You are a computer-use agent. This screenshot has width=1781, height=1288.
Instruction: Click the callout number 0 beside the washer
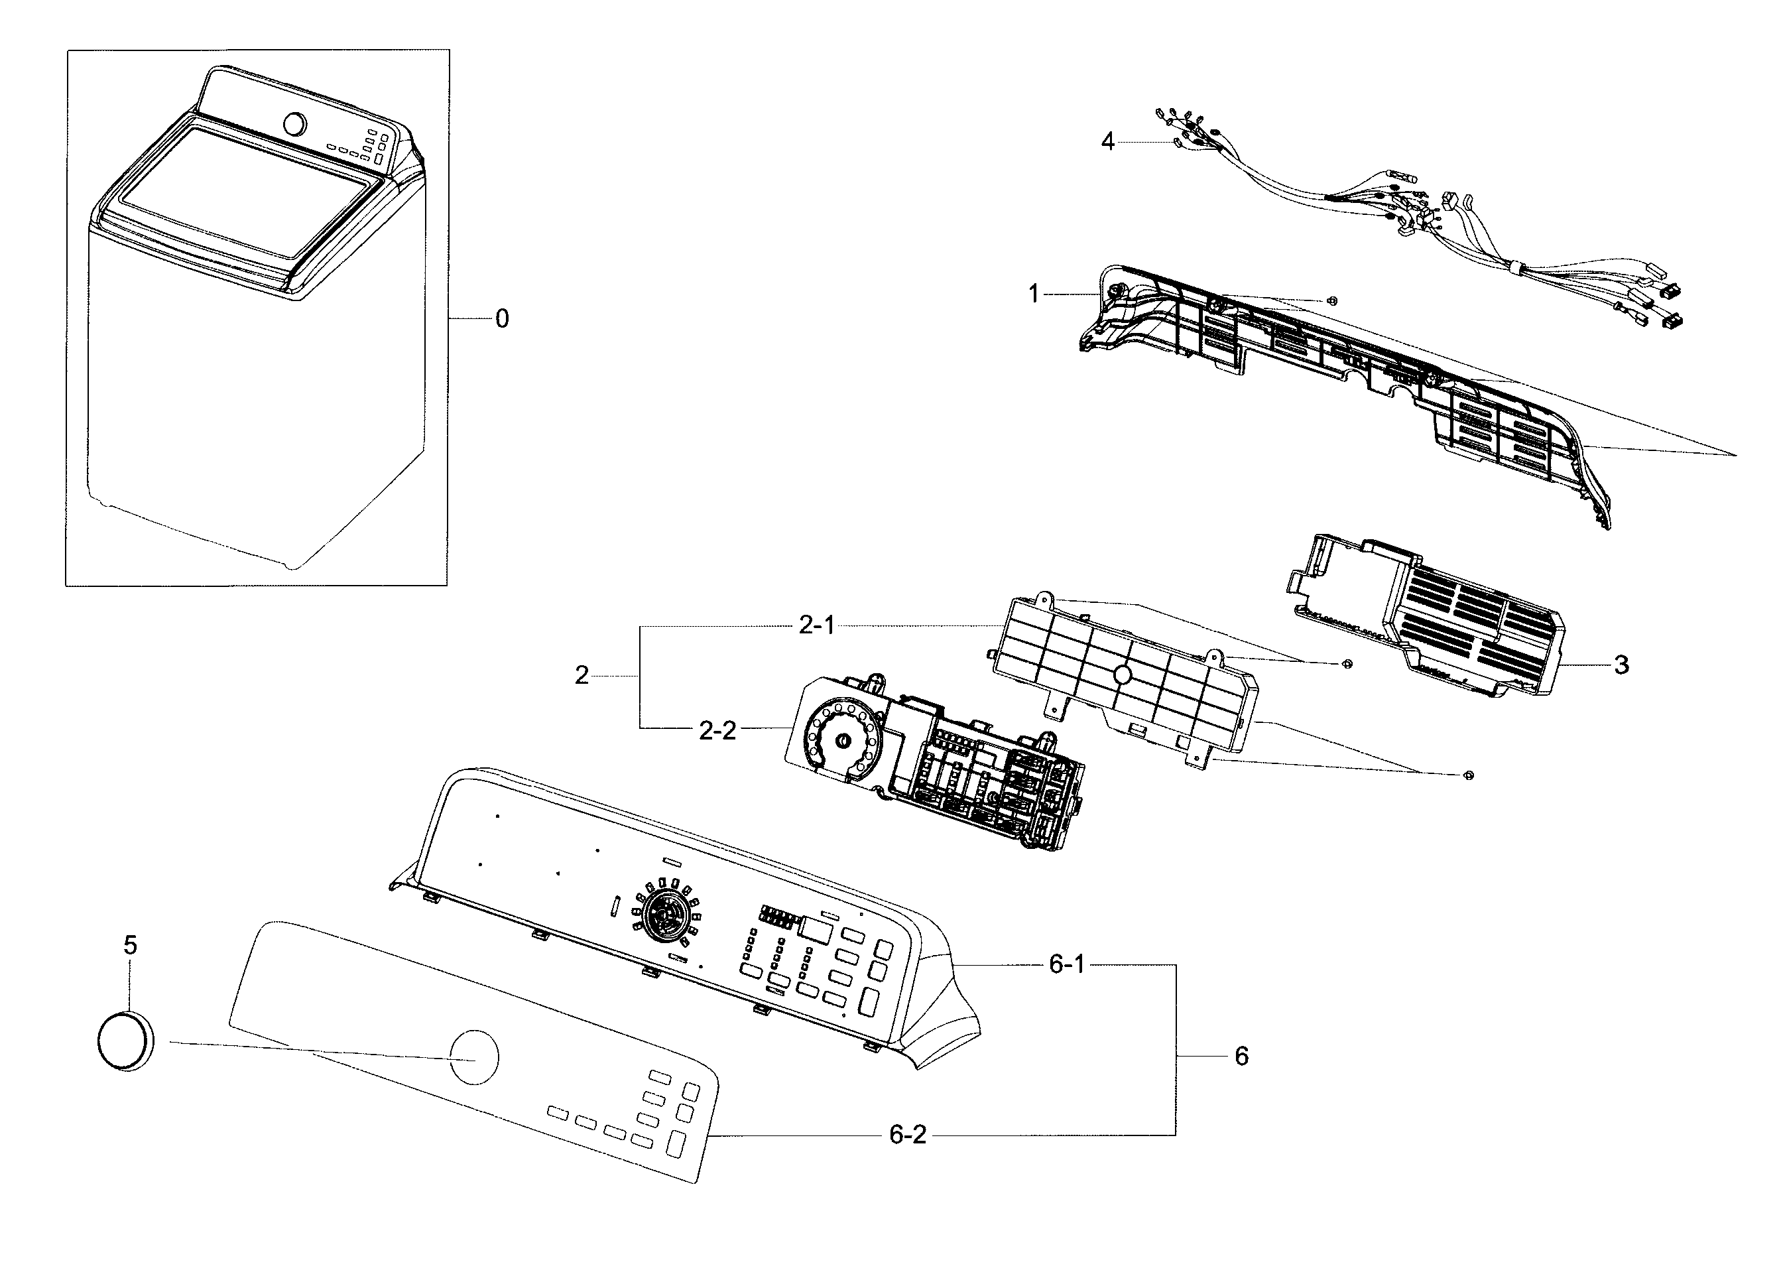click(x=502, y=319)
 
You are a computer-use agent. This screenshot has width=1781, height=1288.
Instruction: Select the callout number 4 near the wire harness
click(x=1107, y=142)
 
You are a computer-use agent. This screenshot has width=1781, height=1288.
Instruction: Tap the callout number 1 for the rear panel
click(x=1034, y=294)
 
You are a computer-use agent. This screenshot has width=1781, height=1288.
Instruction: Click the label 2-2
click(x=717, y=731)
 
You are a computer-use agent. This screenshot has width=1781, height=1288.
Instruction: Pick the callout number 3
click(x=1622, y=665)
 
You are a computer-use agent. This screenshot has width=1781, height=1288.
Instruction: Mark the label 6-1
click(x=1067, y=964)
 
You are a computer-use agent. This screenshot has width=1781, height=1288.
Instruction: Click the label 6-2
click(x=908, y=1135)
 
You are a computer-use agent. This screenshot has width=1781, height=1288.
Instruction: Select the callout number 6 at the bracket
click(x=1241, y=1057)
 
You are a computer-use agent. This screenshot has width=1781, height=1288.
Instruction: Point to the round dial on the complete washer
click(x=294, y=124)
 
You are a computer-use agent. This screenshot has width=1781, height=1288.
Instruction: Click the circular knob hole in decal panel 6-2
click(x=474, y=1057)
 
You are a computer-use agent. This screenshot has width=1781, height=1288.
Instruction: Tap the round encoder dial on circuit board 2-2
click(x=843, y=741)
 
